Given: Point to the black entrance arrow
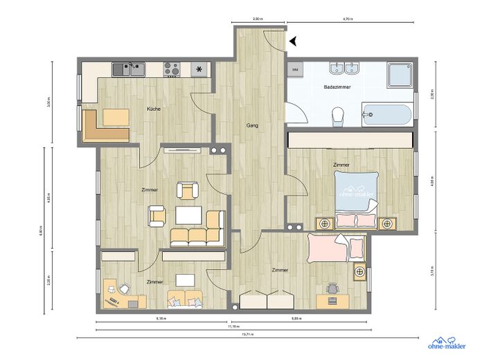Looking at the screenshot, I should [294, 42].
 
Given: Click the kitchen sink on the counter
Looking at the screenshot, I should [129, 68].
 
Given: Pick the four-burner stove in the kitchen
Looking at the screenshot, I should [172, 69].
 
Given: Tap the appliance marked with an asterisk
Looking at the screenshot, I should [200, 69].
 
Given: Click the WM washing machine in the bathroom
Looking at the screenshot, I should [295, 69].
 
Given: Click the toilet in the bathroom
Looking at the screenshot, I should [338, 116].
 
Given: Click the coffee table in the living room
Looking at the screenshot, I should [188, 215].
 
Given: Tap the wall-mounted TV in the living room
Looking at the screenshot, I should [182, 148].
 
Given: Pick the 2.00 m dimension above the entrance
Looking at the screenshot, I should [258, 20].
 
